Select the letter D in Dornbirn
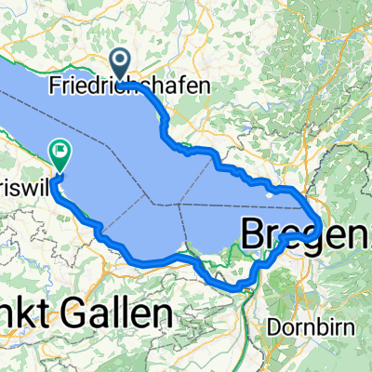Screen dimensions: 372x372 (271, 326)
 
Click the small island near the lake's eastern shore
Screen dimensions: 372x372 (271, 193)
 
